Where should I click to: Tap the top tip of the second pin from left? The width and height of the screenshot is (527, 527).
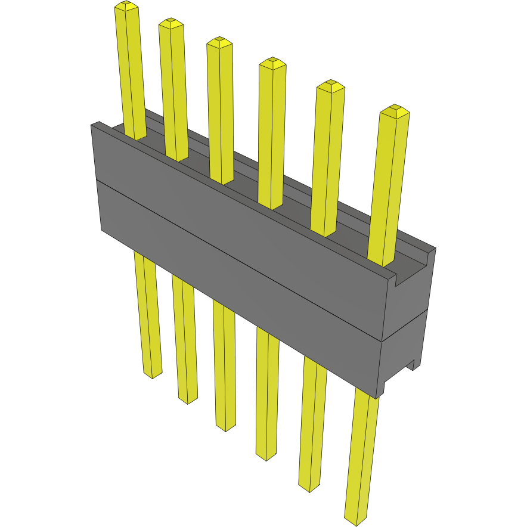[170, 23]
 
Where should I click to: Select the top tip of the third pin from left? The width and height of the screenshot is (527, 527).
[219, 41]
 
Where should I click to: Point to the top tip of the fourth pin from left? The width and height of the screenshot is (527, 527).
[272, 62]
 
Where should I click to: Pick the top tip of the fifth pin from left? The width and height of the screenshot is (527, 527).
[330, 85]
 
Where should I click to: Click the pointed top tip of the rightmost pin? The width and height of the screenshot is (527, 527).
[394, 110]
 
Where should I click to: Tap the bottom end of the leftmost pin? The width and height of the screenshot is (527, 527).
[153, 374]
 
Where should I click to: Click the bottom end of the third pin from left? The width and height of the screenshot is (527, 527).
[225, 427]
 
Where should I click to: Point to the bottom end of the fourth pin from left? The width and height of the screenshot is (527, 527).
[266, 456]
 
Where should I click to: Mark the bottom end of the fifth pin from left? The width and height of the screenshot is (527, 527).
[310, 488]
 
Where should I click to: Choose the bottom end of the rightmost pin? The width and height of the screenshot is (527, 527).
[356, 520]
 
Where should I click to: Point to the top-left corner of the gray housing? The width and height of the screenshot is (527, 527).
[92, 124]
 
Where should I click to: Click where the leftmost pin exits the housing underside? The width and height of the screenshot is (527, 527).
[144, 255]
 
